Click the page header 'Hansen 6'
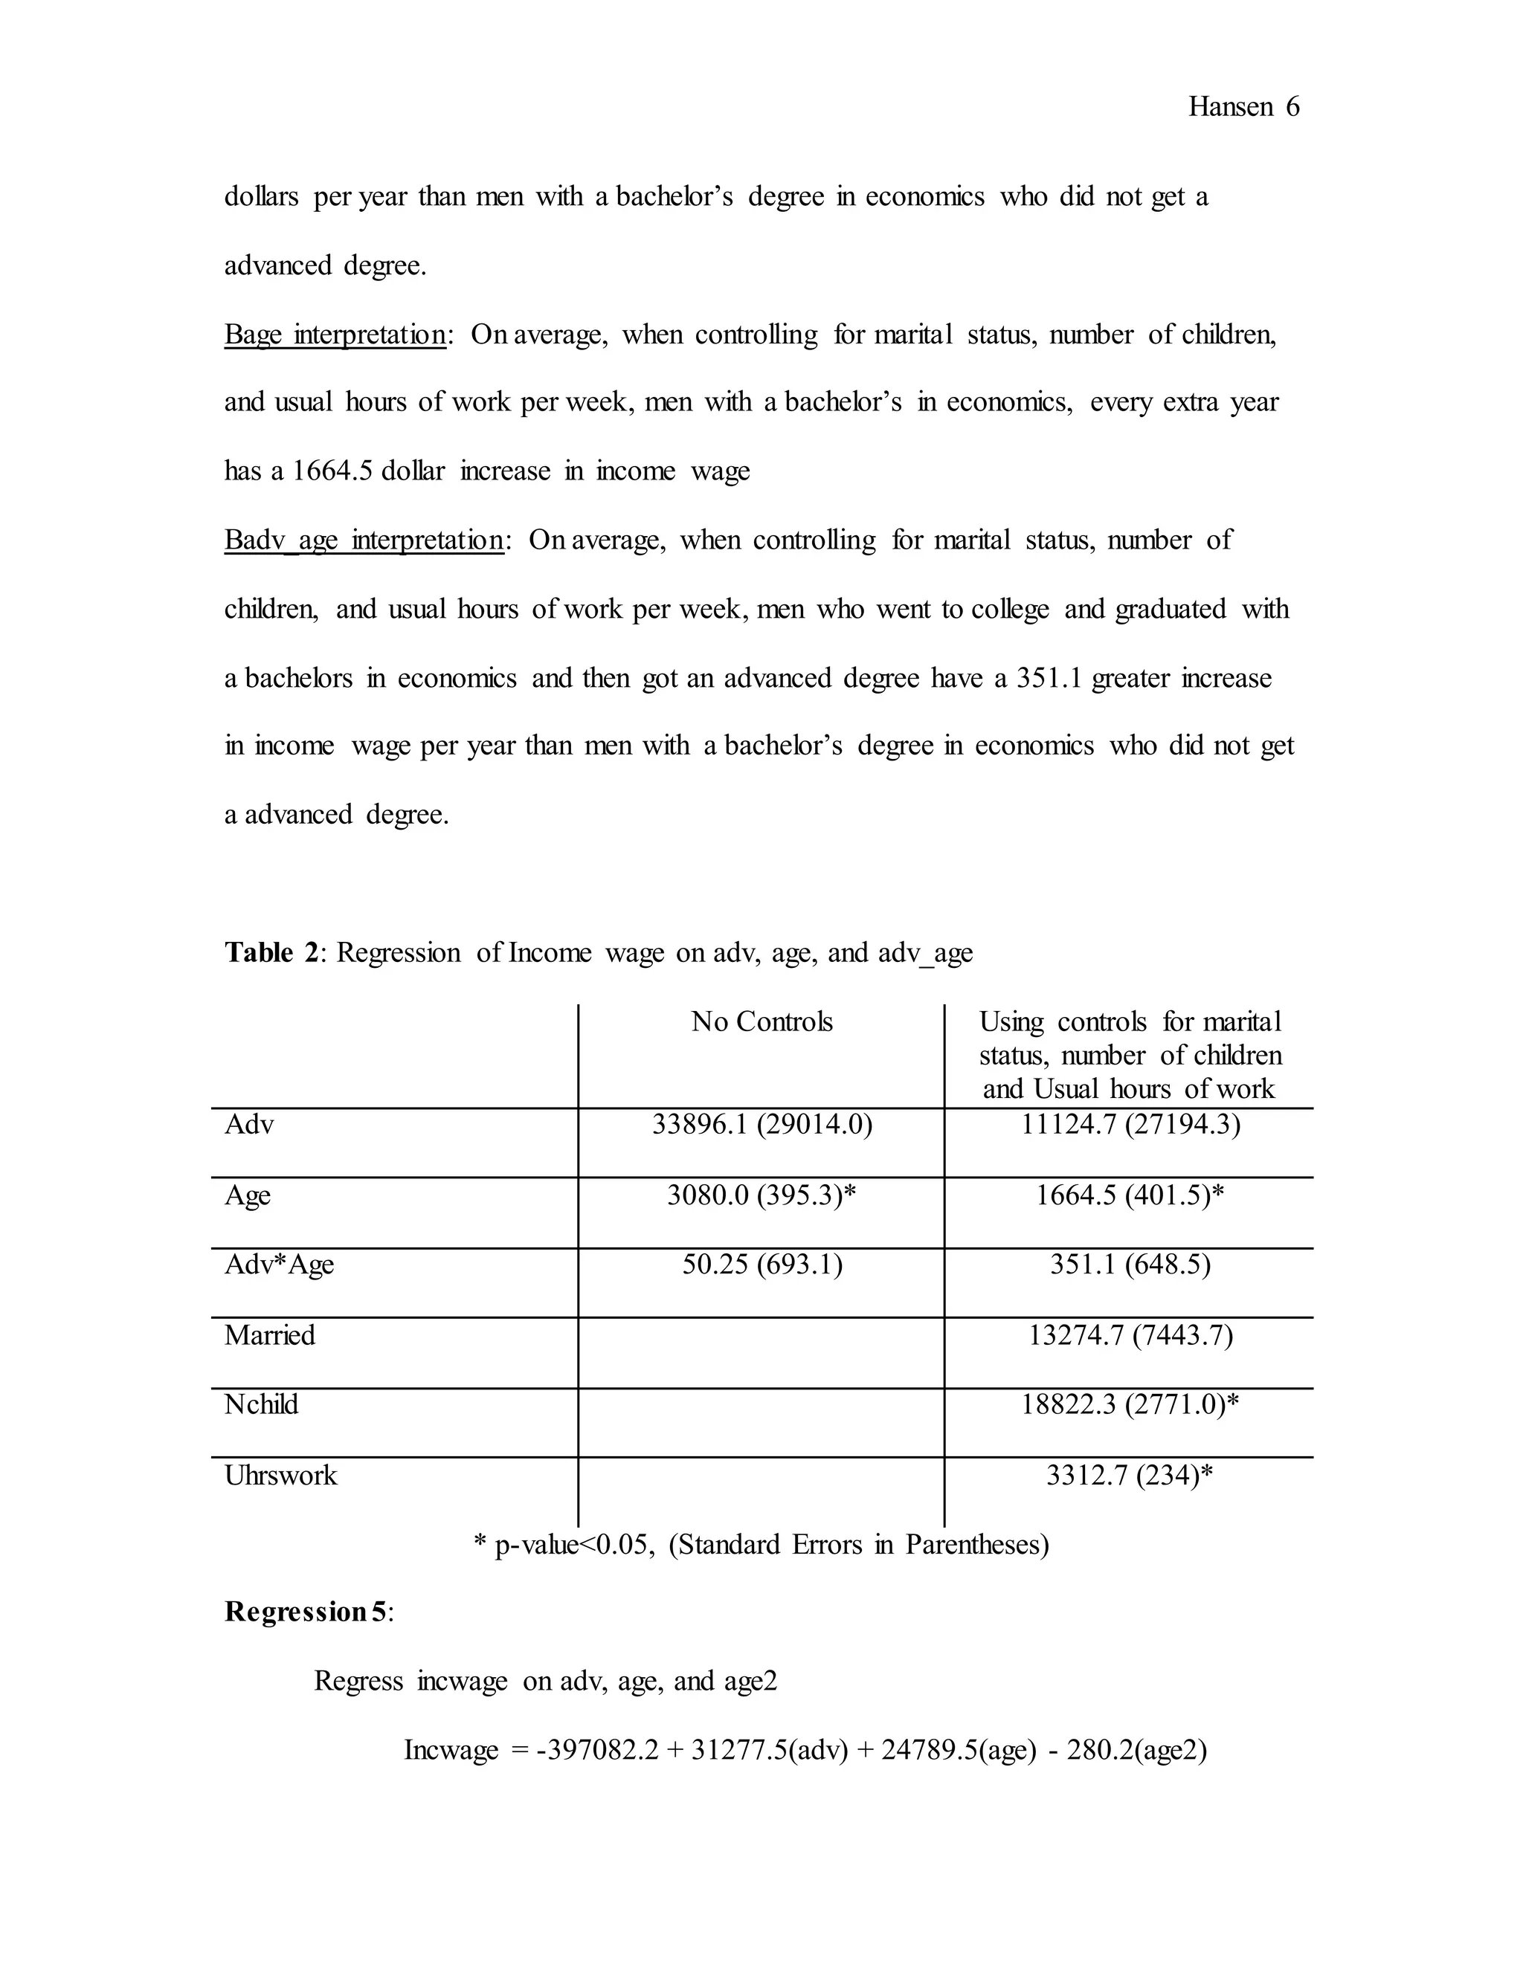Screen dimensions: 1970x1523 click(1243, 107)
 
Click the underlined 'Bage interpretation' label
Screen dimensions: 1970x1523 click(335, 335)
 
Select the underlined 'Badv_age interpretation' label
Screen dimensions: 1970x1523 click(364, 540)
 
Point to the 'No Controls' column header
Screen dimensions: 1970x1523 click(761, 1022)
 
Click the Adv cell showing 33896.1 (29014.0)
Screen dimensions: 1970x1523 click(761, 1125)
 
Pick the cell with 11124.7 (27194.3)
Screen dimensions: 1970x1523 click(1130, 1125)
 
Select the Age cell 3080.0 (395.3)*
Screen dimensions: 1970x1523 click(761, 1195)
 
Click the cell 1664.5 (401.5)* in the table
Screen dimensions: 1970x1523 click(1130, 1195)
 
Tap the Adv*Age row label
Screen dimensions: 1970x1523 click(279, 1265)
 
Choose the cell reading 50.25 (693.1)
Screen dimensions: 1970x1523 click(761, 1265)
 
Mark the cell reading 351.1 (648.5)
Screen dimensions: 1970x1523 click(1130, 1265)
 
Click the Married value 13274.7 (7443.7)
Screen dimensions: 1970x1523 click(1130, 1335)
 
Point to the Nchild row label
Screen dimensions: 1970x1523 click(261, 1404)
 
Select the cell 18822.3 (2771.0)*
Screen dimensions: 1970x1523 click(1130, 1404)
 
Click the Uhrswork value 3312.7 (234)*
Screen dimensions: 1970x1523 click(1130, 1476)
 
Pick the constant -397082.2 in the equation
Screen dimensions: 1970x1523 click(597, 1751)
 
